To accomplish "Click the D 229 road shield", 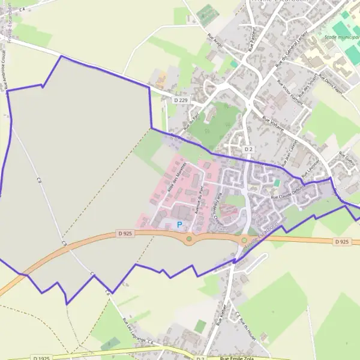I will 180,100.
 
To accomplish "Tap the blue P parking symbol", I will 179,225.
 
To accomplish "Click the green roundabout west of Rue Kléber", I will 189,239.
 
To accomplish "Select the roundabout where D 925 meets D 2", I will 244,241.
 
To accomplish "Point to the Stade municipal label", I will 338,37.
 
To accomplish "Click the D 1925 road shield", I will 41,358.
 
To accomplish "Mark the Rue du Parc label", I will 191,122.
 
